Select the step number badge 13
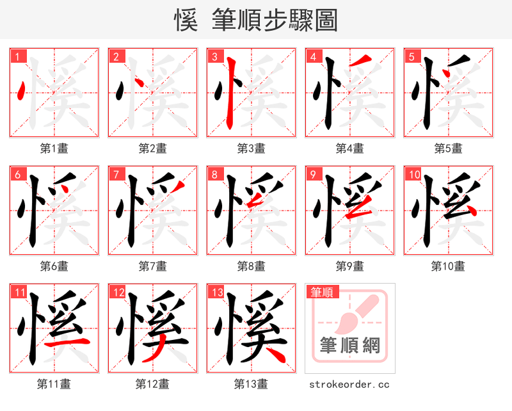[216, 293]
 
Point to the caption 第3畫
[251, 149]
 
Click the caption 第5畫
[448, 149]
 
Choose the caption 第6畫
[54, 266]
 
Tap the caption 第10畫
[448, 266]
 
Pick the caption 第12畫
[152, 384]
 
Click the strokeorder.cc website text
[349, 385]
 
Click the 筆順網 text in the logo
[349, 346]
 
